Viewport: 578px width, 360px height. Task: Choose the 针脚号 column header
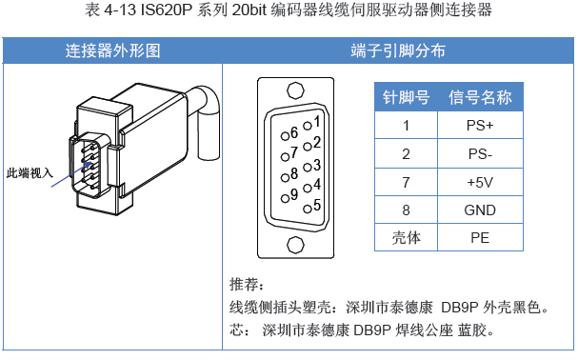[406, 97]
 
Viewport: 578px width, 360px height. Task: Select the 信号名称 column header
[481, 97]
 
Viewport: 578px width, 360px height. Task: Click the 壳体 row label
[406, 237]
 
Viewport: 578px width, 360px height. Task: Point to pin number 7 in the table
[406, 181]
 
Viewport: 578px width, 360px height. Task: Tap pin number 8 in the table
[406, 210]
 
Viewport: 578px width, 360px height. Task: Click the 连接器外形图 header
[112, 50]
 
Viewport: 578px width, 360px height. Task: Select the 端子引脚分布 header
[398, 50]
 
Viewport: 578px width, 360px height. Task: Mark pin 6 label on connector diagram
[294, 131]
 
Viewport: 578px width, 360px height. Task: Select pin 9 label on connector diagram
[294, 194]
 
